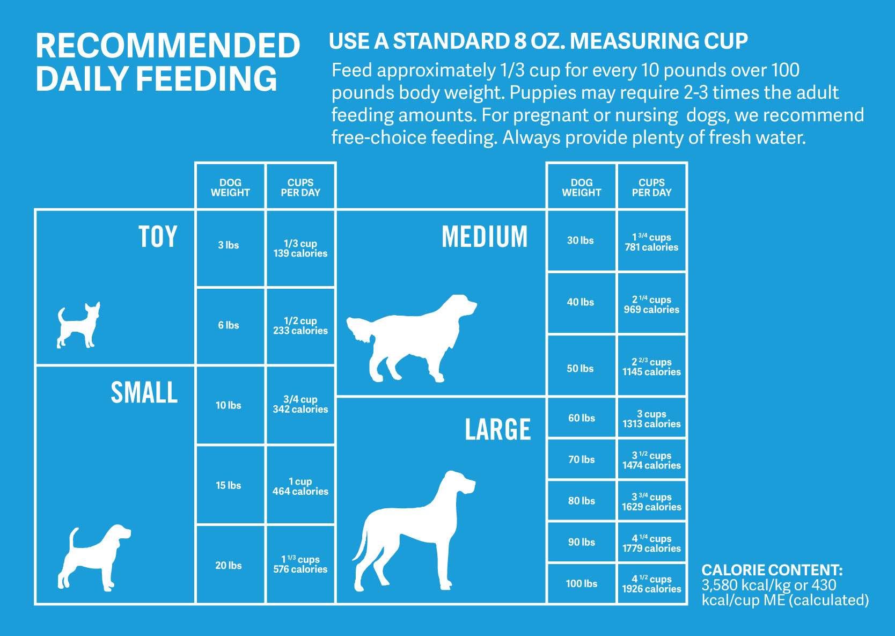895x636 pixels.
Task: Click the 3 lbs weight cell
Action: point(230,248)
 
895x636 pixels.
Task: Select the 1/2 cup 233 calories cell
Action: point(300,326)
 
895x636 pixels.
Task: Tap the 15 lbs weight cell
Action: point(230,485)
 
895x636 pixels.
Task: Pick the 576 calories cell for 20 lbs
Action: point(300,564)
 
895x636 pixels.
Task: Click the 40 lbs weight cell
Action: point(581,303)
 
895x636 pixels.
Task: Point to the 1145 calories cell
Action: point(652,366)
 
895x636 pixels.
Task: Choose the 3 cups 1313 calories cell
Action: point(652,418)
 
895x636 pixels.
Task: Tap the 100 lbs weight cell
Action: point(581,583)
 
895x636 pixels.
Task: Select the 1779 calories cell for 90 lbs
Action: point(652,542)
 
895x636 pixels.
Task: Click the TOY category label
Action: point(158,237)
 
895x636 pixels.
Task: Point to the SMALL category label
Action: point(144,392)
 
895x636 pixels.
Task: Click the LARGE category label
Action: point(498,429)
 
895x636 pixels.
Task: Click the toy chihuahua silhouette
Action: point(78,325)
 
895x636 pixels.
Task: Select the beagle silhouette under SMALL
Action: point(94,558)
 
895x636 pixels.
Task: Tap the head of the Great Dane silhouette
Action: point(459,484)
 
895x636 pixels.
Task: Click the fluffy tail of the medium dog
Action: point(360,328)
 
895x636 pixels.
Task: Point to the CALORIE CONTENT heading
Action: point(772,570)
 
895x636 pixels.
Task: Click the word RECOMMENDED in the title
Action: point(168,46)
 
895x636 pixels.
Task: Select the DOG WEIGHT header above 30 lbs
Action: point(581,187)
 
